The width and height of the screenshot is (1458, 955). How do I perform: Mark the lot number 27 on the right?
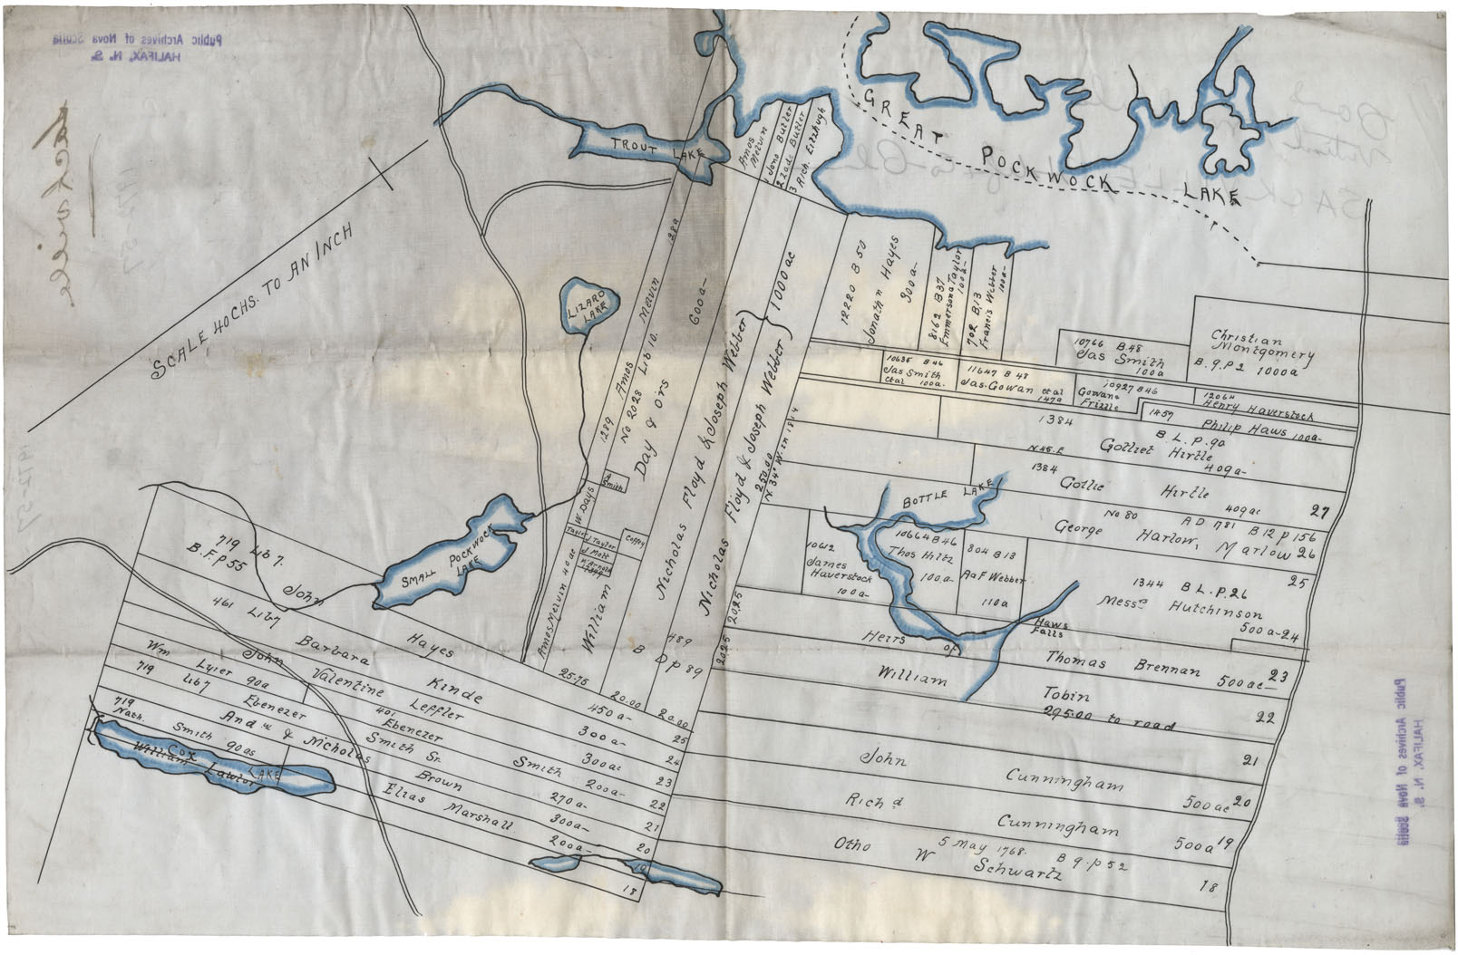tap(1319, 513)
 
